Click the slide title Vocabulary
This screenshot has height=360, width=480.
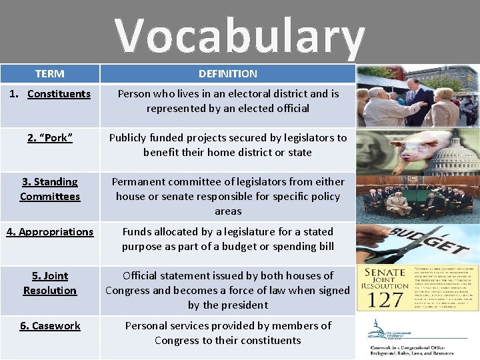pyautogui.click(x=239, y=35)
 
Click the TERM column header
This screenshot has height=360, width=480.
pyautogui.click(x=50, y=74)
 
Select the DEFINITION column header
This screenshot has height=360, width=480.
pyautogui.click(x=227, y=74)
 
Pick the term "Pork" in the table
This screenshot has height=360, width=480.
pyautogui.click(x=50, y=138)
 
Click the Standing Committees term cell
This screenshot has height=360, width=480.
pyautogui.click(x=50, y=189)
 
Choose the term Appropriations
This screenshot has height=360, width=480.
pyautogui.click(x=50, y=232)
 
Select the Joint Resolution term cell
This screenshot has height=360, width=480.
pyautogui.click(x=50, y=283)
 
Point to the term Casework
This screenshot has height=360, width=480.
pyautogui.click(x=50, y=326)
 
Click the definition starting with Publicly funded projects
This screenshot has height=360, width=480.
pyautogui.click(x=228, y=145)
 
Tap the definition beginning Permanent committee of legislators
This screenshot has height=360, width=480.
pyautogui.click(x=228, y=196)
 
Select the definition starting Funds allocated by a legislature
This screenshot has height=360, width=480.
pyautogui.click(x=228, y=239)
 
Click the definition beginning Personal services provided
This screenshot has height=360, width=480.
pyautogui.click(x=228, y=333)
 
